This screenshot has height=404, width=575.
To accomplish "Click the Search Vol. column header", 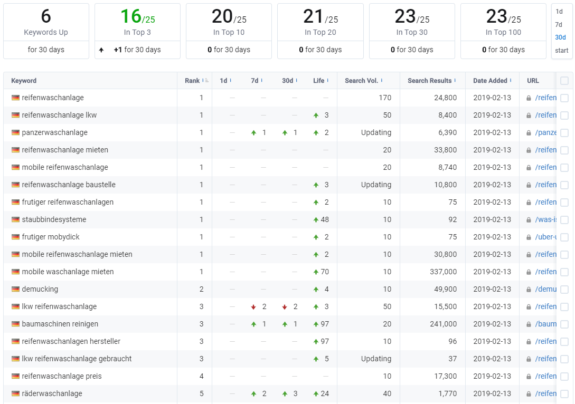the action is coord(361,81).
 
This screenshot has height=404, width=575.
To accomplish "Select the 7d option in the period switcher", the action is coord(559,25).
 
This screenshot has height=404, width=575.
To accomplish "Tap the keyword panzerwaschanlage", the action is coord(54,132).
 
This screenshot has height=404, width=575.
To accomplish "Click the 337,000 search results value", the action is coord(444,272).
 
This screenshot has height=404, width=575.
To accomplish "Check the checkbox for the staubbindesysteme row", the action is coord(564,220).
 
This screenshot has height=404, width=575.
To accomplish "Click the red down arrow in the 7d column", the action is coord(253,307).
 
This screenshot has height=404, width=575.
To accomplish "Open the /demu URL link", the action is coord(545,290).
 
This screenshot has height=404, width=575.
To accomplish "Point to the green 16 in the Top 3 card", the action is coord(131,16).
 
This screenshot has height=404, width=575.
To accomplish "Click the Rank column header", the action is coord(192,81).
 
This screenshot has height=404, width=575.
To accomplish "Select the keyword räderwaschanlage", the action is coord(52,394).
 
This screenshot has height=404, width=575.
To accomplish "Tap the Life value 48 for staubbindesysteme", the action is coord(325,220).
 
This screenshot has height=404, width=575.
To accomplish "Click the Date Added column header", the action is coord(490,81).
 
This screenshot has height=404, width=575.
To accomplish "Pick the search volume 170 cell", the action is coord(385,98).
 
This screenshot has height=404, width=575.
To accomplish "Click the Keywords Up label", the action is coord(46,32).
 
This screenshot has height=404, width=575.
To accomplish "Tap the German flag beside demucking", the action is coord(15,290).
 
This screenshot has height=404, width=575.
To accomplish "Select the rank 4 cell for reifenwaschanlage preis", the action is coord(201,376).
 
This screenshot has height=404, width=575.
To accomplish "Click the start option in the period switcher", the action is coord(561,51).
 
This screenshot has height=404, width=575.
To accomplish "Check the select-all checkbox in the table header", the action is coord(564,81).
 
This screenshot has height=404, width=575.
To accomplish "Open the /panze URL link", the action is coord(545,132).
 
